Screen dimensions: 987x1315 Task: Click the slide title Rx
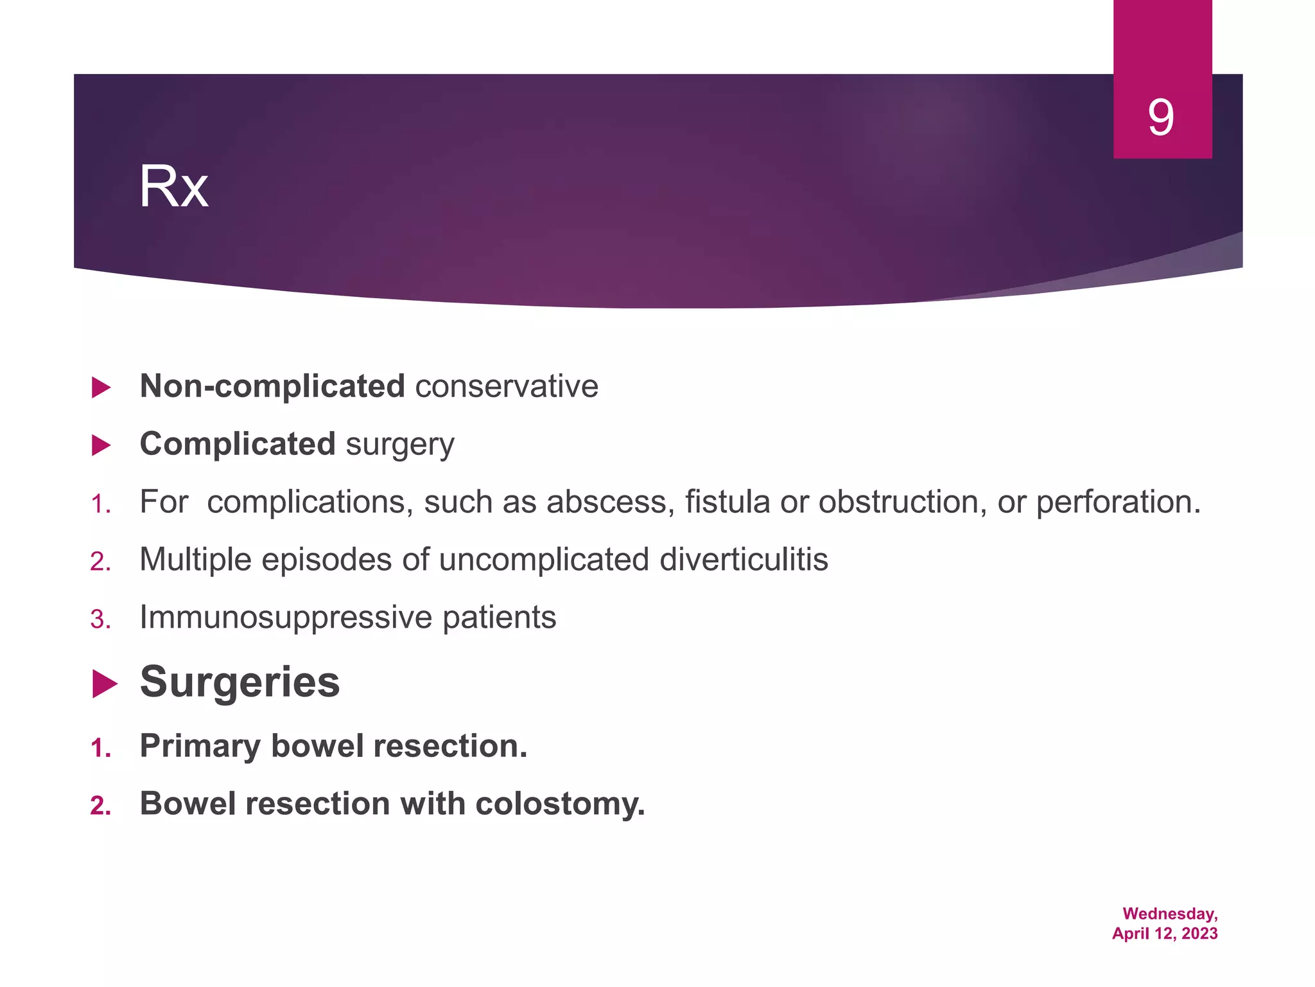tap(173, 187)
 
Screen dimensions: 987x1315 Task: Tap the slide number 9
tap(1161, 117)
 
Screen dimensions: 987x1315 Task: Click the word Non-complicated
tap(272, 386)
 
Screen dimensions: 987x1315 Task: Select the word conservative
tap(507, 386)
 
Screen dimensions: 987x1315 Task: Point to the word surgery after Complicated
tap(399, 445)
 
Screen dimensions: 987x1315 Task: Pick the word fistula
tap(727, 502)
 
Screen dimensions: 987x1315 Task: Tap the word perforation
tap(1118, 502)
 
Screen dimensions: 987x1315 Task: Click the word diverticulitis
tap(744, 559)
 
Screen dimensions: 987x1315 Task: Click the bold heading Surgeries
tap(239, 682)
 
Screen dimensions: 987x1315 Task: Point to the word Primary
tap(200, 746)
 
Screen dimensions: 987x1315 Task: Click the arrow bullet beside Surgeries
tap(104, 684)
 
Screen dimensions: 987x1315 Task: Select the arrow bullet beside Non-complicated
tap(101, 387)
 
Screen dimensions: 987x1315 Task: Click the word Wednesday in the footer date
tap(1169, 914)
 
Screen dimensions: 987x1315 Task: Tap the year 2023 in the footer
tap(1199, 934)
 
